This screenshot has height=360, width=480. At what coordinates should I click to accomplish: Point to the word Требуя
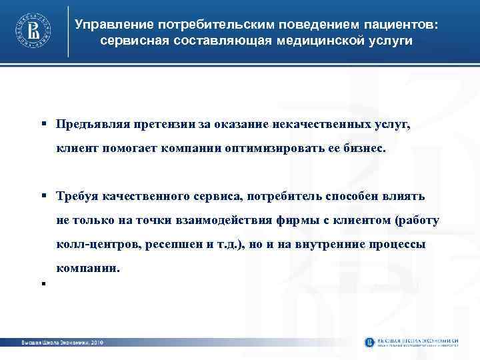(76, 195)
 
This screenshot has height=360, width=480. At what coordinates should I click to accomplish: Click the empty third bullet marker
(41, 283)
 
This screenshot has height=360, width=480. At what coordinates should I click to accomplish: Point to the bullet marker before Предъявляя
(41, 125)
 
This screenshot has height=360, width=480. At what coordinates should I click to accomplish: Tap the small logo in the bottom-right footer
(370, 342)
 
